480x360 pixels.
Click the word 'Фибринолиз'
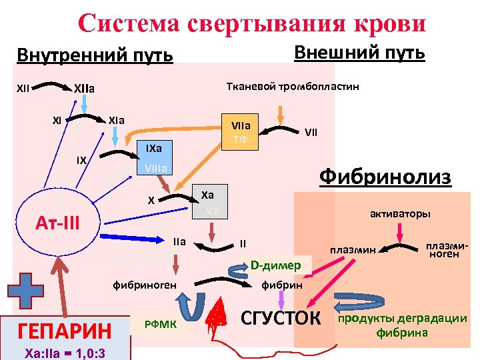(385, 177)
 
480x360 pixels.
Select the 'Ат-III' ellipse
(57, 220)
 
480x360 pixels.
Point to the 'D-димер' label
(275, 265)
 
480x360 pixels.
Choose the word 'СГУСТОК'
(280, 317)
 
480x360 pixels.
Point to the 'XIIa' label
(84, 87)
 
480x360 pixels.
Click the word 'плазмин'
(353, 250)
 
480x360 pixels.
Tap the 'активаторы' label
(400, 214)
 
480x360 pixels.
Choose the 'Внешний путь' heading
(359, 52)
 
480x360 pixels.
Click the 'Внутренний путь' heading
(94, 55)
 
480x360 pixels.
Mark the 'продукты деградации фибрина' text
(403, 325)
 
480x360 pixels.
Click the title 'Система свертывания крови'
(251, 22)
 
